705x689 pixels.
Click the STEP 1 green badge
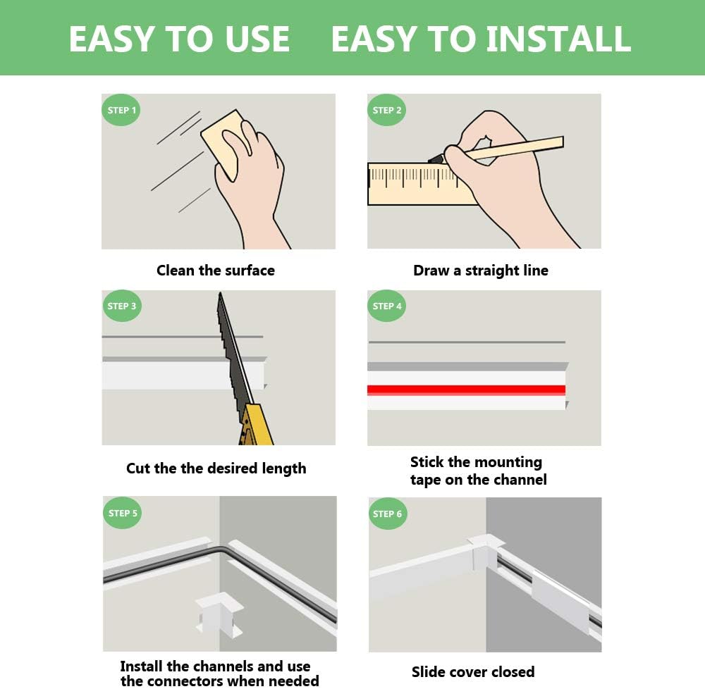pyautogui.click(x=121, y=110)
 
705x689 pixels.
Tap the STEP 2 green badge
pyautogui.click(x=386, y=110)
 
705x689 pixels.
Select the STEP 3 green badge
pyautogui.click(x=121, y=306)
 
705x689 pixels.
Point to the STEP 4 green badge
pyautogui.click(x=386, y=306)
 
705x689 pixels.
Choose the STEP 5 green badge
pyautogui.click(x=122, y=513)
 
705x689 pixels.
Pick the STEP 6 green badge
pyautogui.click(x=388, y=514)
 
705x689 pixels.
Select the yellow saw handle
pyautogui.click(x=256, y=424)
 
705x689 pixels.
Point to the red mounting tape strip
pyautogui.click(x=466, y=390)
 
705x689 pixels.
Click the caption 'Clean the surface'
pyautogui.click(x=215, y=271)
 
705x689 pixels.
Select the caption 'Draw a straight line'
pyautogui.click(x=481, y=271)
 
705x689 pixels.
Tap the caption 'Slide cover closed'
pyautogui.click(x=473, y=672)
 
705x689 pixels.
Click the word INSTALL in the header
pyautogui.click(x=559, y=39)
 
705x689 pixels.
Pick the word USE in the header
pyautogui.click(x=257, y=39)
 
